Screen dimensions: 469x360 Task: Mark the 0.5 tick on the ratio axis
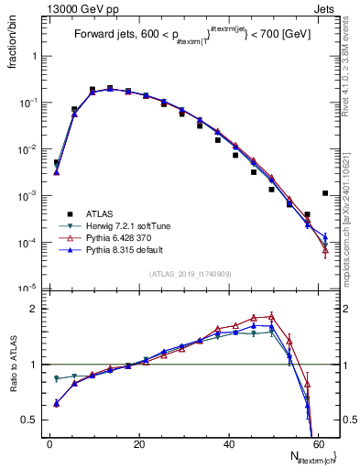(34, 420)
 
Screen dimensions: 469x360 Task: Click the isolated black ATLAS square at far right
(325, 193)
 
